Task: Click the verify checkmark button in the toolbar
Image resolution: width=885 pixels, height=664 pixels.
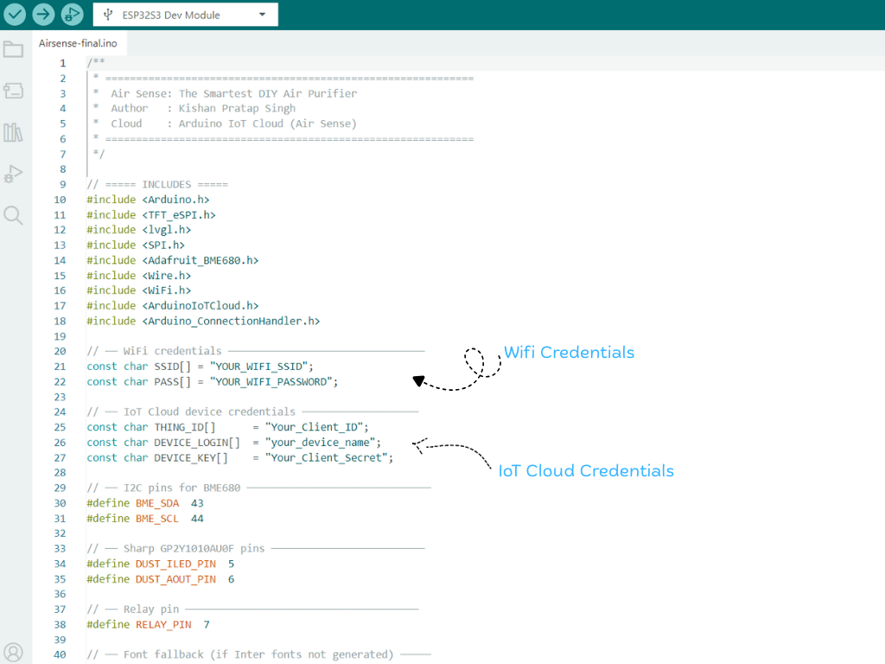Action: click(x=15, y=14)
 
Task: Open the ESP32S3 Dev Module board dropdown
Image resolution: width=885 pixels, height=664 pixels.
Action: click(x=185, y=15)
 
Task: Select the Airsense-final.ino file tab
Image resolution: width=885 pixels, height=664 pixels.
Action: click(x=78, y=43)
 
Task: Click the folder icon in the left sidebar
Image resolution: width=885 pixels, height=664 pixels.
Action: click(x=13, y=49)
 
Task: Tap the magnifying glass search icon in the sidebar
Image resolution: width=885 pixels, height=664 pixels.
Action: click(x=13, y=215)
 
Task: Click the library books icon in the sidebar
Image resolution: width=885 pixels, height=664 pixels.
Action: click(x=13, y=132)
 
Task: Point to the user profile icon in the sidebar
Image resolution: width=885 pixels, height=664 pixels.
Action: click(x=13, y=653)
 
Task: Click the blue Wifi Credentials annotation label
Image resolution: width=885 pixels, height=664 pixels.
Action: click(x=569, y=353)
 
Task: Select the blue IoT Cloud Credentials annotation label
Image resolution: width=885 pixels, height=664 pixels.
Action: click(x=586, y=471)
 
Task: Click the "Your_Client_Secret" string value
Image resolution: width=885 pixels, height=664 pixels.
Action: click(x=327, y=458)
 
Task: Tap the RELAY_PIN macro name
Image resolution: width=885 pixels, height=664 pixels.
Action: click(x=163, y=624)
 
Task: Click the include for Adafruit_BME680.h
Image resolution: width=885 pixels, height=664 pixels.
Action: click(x=173, y=260)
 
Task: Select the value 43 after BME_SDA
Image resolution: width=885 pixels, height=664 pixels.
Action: click(x=197, y=503)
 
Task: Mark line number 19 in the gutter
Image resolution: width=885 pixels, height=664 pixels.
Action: click(x=60, y=336)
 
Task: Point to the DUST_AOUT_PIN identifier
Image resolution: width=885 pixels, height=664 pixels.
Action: click(x=175, y=579)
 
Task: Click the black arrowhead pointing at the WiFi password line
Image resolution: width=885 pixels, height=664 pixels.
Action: click(x=418, y=381)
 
